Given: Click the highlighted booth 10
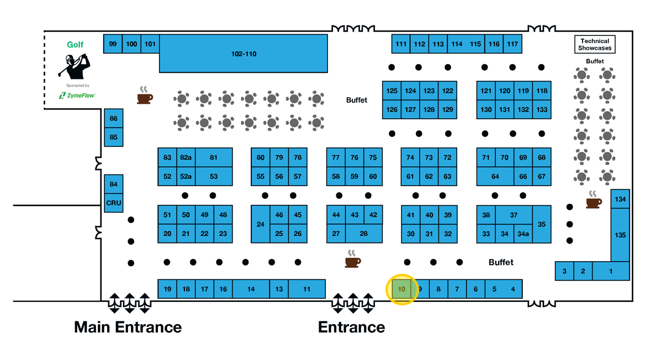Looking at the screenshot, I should click(x=401, y=289).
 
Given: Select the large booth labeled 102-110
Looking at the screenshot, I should click(x=243, y=54).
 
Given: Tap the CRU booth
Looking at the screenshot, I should click(x=113, y=203).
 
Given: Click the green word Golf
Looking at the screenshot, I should click(x=75, y=45).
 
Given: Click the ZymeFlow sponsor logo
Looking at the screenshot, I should click(x=77, y=96).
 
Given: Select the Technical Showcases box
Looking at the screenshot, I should click(x=595, y=45).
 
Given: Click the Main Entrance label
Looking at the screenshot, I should click(x=128, y=327).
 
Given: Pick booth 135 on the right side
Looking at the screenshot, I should click(x=620, y=235).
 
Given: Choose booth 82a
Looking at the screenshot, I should click(x=186, y=157).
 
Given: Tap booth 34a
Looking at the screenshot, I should click(x=523, y=234).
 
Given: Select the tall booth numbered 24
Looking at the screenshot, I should click(x=260, y=224).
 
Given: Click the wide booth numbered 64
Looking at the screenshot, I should click(x=495, y=177).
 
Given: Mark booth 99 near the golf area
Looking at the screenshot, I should click(x=113, y=44).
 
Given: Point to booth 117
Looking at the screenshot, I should click(x=512, y=44).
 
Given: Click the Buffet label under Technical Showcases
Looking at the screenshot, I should click(x=595, y=61).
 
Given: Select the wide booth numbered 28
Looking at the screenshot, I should click(x=363, y=234).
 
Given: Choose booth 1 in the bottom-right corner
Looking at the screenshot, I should click(x=610, y=271).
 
